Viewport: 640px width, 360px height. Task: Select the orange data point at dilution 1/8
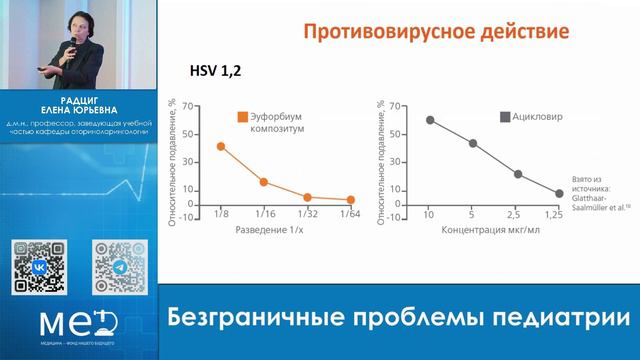coord(221,146)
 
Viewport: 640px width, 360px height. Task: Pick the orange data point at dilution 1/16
coord(263,182)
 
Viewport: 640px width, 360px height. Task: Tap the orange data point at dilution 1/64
coord(350,200)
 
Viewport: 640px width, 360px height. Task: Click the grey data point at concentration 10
coord(430,120)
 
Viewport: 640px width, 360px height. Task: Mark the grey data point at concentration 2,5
coord(518,174)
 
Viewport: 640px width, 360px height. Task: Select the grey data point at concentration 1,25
coord(560,193)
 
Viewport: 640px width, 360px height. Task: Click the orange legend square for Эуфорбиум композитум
coord(242,116)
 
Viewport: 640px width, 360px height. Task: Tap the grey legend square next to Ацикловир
coord(506,116)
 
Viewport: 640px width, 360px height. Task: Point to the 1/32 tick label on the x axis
coord(307,214)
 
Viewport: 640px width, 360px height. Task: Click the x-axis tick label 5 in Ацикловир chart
coord(473,215)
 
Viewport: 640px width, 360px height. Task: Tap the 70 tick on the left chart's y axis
coord(200,105)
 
